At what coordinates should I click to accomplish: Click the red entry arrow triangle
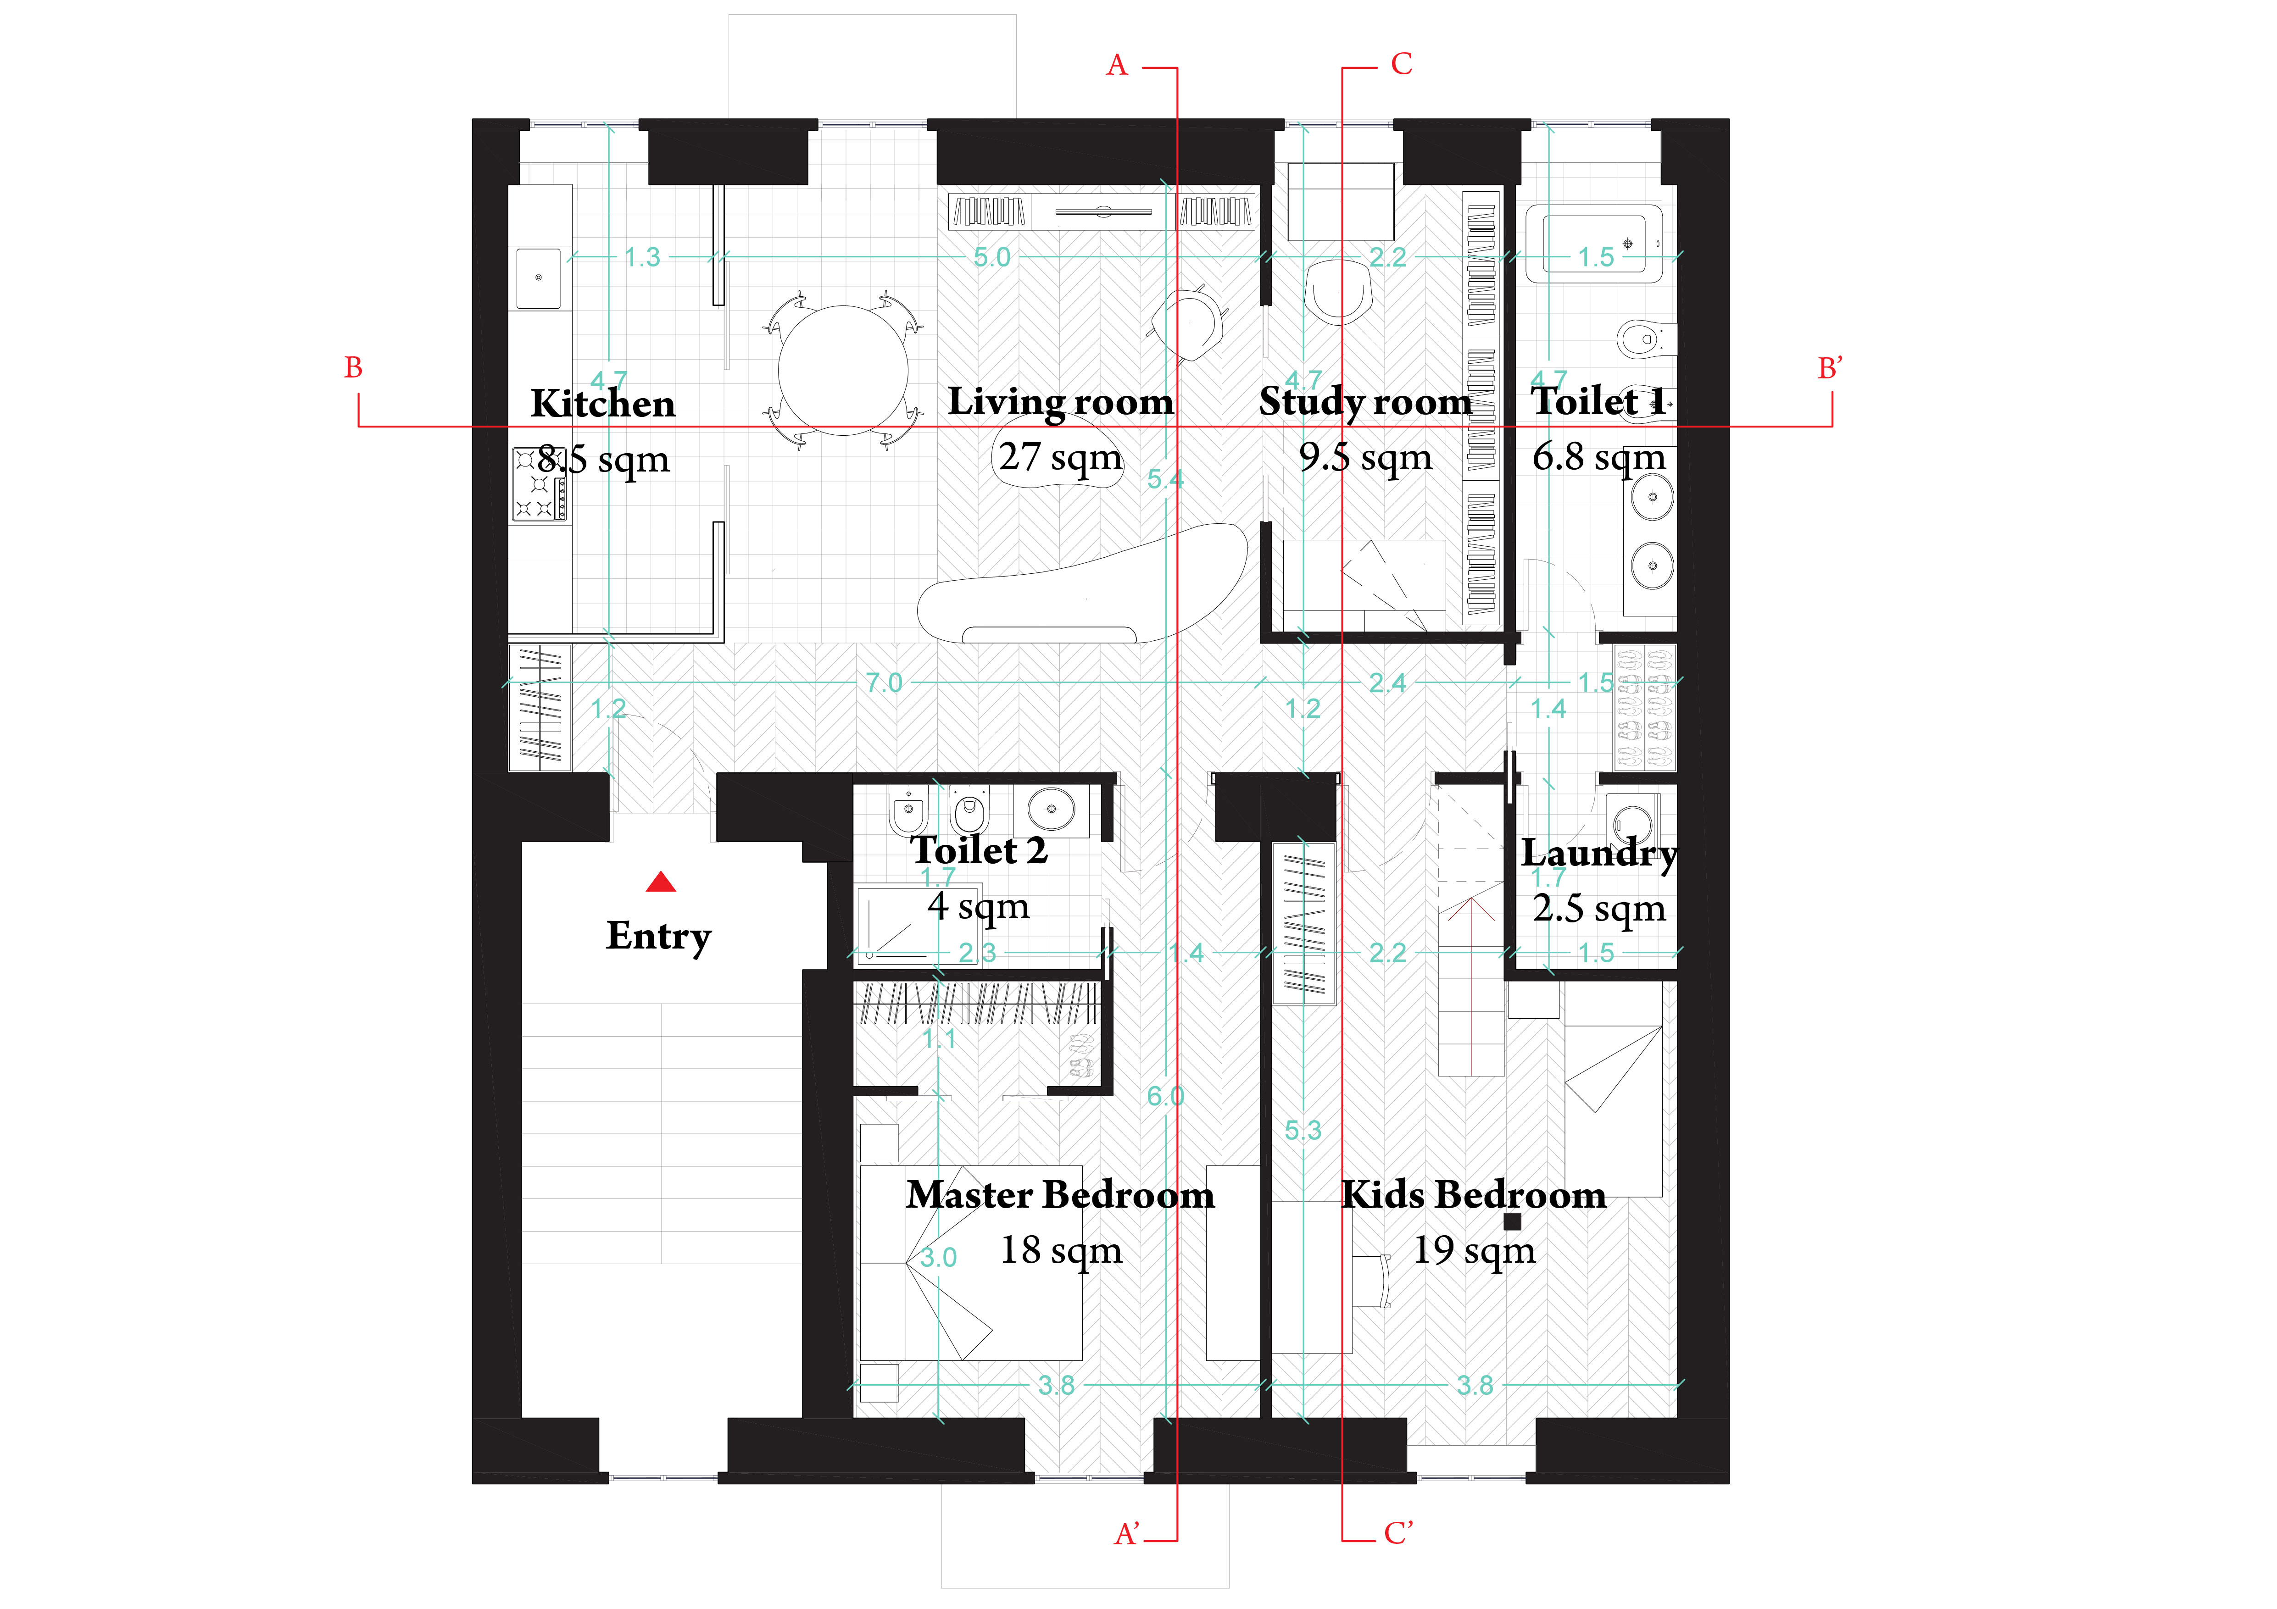coord(662,882)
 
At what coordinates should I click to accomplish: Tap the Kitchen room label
coord(603,404)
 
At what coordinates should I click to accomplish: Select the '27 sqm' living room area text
coord(1060,457)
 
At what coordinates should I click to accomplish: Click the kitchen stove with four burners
coord(540,484)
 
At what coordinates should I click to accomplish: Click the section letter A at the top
coord(1117,66)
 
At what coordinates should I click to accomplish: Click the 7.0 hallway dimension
coord(884,683)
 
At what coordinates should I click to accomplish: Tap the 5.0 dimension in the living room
coord(992,258)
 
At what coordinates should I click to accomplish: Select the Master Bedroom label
coord(1060,1195)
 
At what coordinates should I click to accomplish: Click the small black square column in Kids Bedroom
coord(1512,1221)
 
